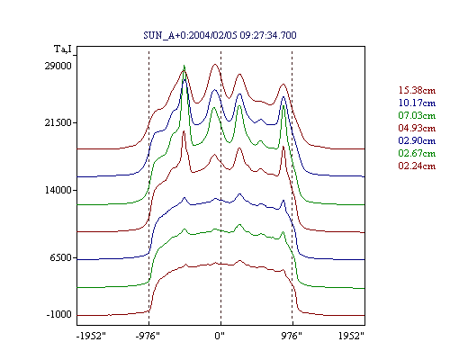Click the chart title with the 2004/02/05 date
[220, 35]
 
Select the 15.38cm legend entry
[417, 90]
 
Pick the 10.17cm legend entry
[417, 103]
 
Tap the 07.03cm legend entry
[417, 115]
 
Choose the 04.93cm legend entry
[417, 128]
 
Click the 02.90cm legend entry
[417, 140]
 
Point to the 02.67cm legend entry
[417, 153]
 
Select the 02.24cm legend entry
[417, 166]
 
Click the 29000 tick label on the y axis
[58, 66]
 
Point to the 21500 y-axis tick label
[58, 122]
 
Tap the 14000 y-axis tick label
[58, 190]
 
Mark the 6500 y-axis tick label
[61, 257]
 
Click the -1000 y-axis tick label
[59, 315]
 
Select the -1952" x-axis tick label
[91, 336]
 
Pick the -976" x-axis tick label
[148, 336]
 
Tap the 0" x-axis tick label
[220, 336]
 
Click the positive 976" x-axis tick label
[292, 336]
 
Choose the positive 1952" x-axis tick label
[351, 336]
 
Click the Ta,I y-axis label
[63, 49]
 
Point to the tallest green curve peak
[184, 66]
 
